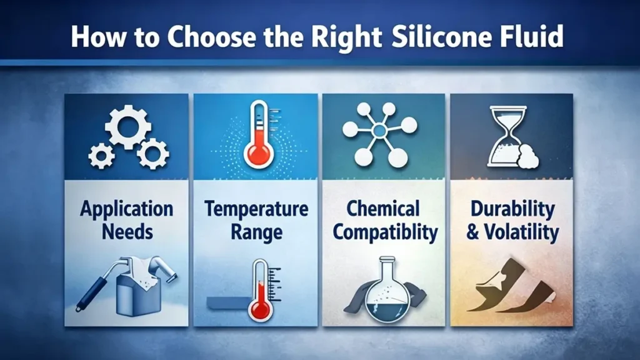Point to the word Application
(x=127, y=209)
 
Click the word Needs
(x=127, y=232)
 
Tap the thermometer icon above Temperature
(x=257, y=136)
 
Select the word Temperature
(x=257, y=209)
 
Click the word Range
(x=257, y=232)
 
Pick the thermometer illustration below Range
(x=258, y=291)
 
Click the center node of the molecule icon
(x=379, y=131)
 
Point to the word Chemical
(x=383, y=209)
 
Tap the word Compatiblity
(x=384, y=232)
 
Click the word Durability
(x=512, y=209)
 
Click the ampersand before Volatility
(x=472, y=232)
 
